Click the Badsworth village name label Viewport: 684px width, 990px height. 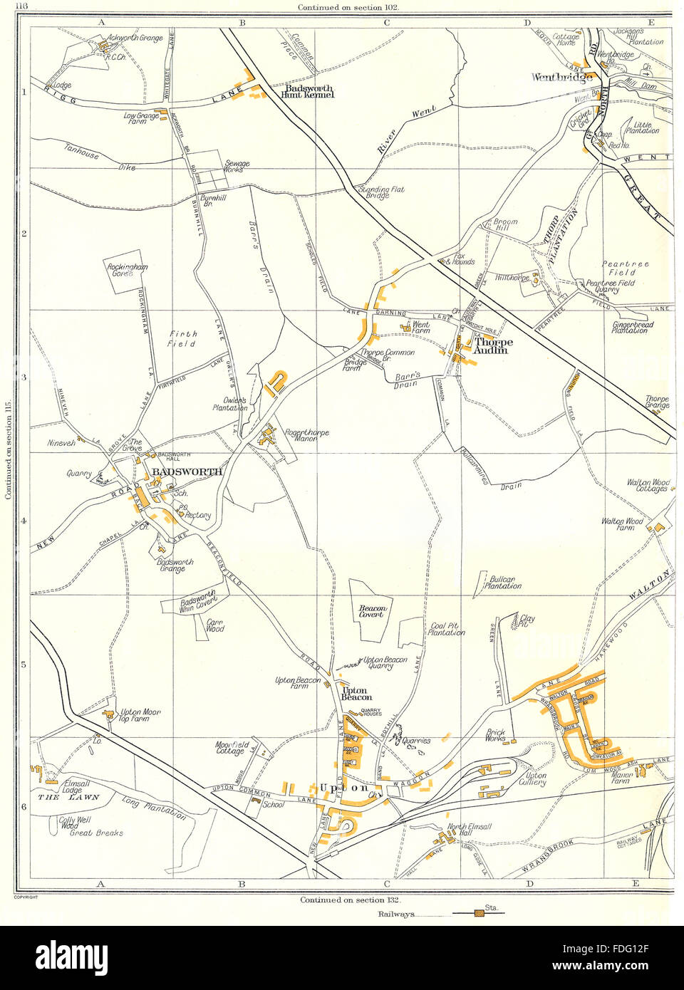(x=186, y=471)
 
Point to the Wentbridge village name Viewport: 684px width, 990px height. (x=561, y=78)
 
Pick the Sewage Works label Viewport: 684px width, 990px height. (x=237, y=167)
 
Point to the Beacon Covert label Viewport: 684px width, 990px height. (x=371, y=610)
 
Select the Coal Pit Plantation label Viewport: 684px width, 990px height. (x=447, y=630)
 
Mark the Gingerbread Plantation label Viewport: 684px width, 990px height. (x=633, y=327)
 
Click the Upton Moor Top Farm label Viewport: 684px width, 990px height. (x=140, y=715)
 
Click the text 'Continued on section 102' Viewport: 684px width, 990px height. (x=348, y=6)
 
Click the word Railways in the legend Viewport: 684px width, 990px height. (x=396, y=914)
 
